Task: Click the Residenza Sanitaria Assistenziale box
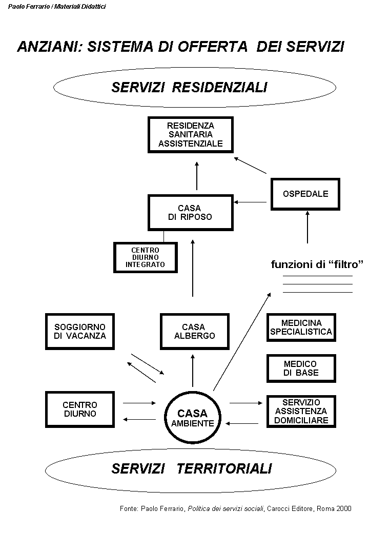[x=191, y=135]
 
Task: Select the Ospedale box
[x=305, y=194]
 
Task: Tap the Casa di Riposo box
[x=190, y=212]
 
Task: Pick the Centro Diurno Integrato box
[x=145, y=257]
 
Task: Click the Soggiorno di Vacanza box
[x=79, y=331]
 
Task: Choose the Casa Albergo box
[x=193, y=331]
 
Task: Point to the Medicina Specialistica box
[x=301, y=327]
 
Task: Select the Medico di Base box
[x=301, y=368]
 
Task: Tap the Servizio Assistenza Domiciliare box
[x=301, y=411]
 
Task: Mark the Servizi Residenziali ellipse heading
[x=190, y=88]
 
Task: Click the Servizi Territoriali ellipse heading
[x=192, y=468]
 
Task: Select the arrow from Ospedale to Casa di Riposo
[x=251, y=202]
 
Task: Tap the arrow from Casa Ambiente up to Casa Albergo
[x=193, y=369]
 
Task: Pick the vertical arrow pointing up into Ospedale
[x=307, y=227]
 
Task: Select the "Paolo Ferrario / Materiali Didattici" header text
[x=57, y=7]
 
